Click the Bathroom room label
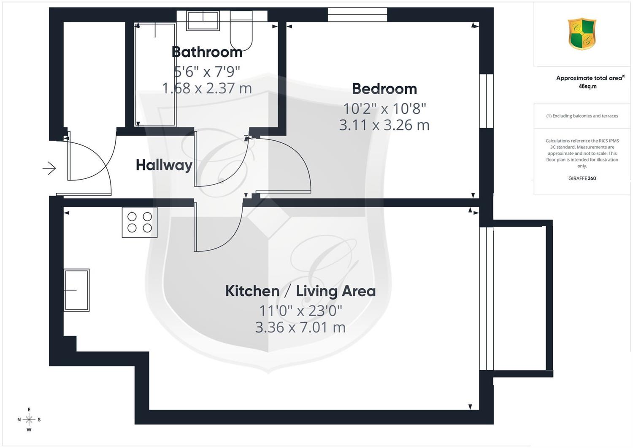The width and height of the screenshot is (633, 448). pyautogui.click(x=207, y=52)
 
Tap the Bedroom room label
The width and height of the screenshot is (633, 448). pyautogui.click(x=384, y=89)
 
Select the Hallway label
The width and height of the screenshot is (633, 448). pyautogui.click(x=164, y=165)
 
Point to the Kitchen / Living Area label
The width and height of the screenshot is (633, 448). pyautogui.click(x=300, y=291)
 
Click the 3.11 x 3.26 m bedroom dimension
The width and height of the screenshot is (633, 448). pyautogui.click(x=384, y=125)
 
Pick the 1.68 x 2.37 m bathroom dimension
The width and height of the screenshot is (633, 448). pyautogui.click(x=207, y=88)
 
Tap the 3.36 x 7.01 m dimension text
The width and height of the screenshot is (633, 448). pyautogui.click(x=300, y=328)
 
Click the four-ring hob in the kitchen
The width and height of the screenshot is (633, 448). pyautogui.click(x=140, y=222)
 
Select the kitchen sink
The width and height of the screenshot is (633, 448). pyautogui.click(x=76, y=290)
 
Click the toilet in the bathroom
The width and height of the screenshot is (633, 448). pyautogui.click(x=241, y=31)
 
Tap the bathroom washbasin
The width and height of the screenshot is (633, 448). pyautogui.click(x=203, y=21)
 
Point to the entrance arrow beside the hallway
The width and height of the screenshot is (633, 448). pyautogui.click(x=49, y=168)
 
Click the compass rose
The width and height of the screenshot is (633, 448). pyautogui.click(x=29, y=419)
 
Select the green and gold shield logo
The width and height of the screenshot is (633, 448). pyautogui.click(x=582, y=34)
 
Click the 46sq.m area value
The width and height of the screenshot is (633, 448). pyautogui.click(x=587, y=87)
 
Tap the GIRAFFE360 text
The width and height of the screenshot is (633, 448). pyautogui.click(x=582, y=178)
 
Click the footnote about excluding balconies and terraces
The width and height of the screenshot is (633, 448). pyautogui.click(x=582, y=116)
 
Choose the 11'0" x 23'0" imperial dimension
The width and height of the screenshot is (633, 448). pyautogui.click(x=300, y=311)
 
